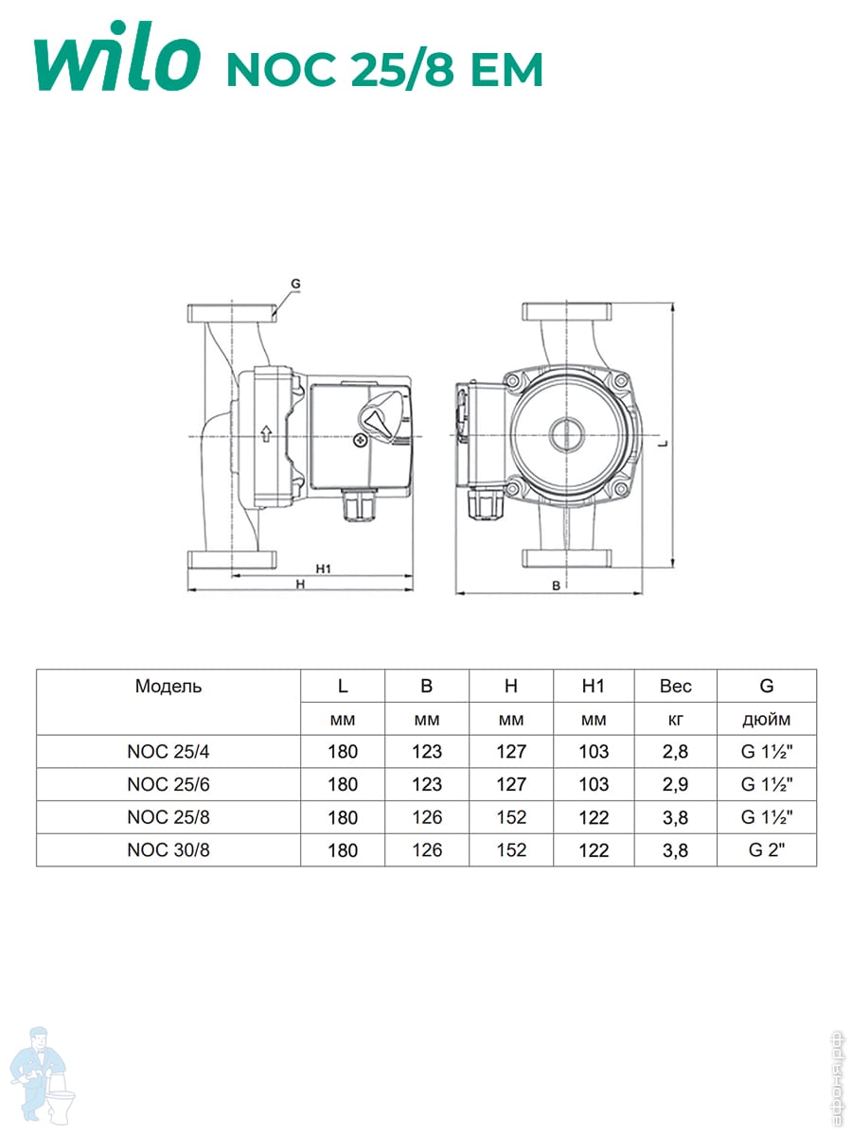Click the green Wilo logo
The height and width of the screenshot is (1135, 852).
(117, 57)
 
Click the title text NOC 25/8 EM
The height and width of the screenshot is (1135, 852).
(385, 69)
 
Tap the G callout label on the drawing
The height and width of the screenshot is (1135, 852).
(295, 284)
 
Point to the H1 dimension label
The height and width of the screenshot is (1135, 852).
(324, 568)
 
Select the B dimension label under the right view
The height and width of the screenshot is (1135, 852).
(556, 585)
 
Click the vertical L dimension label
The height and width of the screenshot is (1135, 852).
(666, 444)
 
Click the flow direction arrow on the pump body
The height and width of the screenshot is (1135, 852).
(266, 433)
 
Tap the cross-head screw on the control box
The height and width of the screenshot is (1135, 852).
(360, 441)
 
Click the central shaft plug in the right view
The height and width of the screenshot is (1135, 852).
(566, 434)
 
